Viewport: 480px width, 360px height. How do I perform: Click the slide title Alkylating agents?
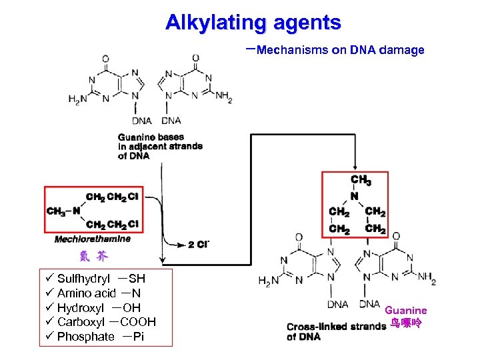point(253,23)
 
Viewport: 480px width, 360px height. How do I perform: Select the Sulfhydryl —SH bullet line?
point(101,279)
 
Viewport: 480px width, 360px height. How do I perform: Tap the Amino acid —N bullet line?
point(99,293)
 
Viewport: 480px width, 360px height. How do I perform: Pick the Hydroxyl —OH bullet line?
point(99,308)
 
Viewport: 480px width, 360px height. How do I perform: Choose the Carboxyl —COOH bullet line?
point(107,322)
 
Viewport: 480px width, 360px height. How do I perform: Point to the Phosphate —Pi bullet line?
point(100,337)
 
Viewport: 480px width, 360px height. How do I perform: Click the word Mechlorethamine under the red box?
point(93,239)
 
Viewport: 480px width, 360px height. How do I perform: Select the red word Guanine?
point(405,311)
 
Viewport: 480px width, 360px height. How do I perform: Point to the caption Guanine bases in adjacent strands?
point(160,146)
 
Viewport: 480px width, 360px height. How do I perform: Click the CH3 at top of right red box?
point(361,180)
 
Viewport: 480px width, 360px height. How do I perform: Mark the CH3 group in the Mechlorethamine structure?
point(56,211)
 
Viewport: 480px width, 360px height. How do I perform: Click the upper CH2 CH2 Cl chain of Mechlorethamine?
point(113,197)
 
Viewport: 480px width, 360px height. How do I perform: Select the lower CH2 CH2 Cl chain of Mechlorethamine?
point(113,224)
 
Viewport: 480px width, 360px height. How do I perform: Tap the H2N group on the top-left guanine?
point(77,99)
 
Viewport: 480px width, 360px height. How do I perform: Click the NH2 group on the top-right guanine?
point(223,97)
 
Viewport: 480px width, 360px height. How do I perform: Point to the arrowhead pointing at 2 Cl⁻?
point(181,245)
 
